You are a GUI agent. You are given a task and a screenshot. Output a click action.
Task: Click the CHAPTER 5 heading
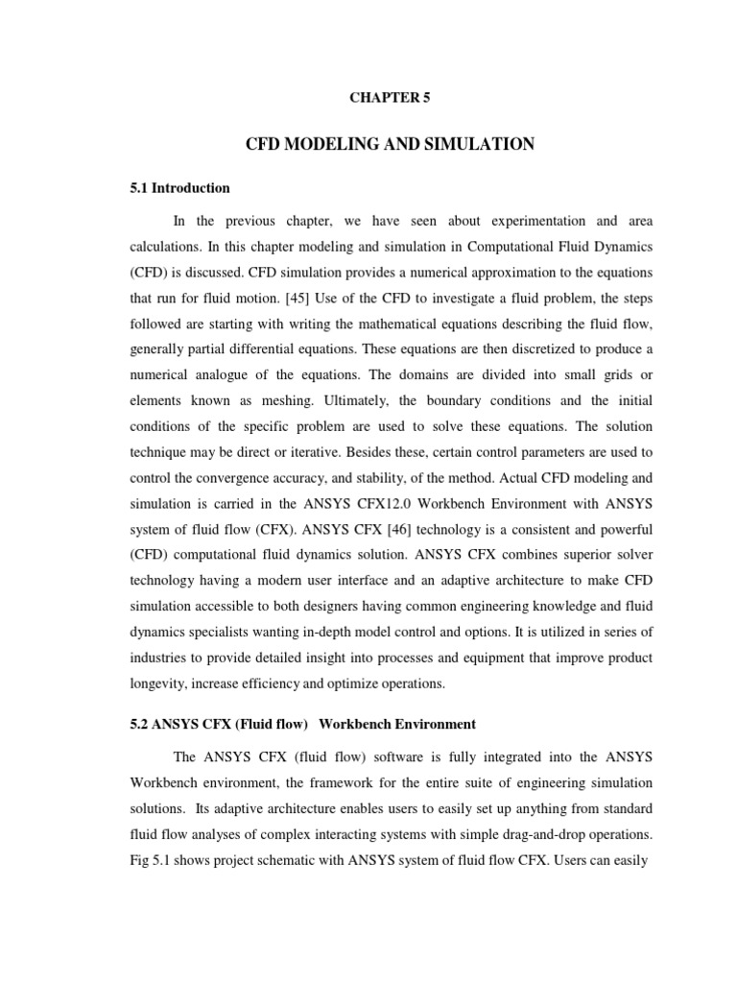(x=382, y=99)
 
